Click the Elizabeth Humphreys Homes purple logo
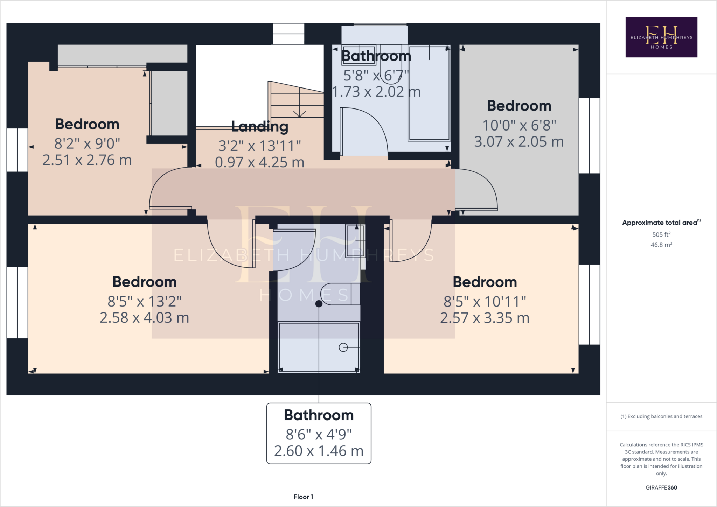pos(661,37)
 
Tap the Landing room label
pos(260,126)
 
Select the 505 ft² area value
pos(661,234)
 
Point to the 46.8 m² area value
pos(661,245)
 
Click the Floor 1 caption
pos(303,497)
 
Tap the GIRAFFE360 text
pos(661,487)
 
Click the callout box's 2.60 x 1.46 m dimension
pos(319,451)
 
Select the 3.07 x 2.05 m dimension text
pos(519,142)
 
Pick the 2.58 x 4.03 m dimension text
pos(144,318)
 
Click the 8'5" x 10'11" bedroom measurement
pos(485,301)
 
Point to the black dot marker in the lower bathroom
pos(319,304)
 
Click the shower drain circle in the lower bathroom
pos(343,347)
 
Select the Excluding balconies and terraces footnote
pos(661,416)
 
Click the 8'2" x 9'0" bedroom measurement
pos(87,143)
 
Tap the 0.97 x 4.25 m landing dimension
pos(259,162)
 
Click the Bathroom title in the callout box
pos(319,415)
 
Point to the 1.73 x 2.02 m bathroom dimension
pos(376,92)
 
